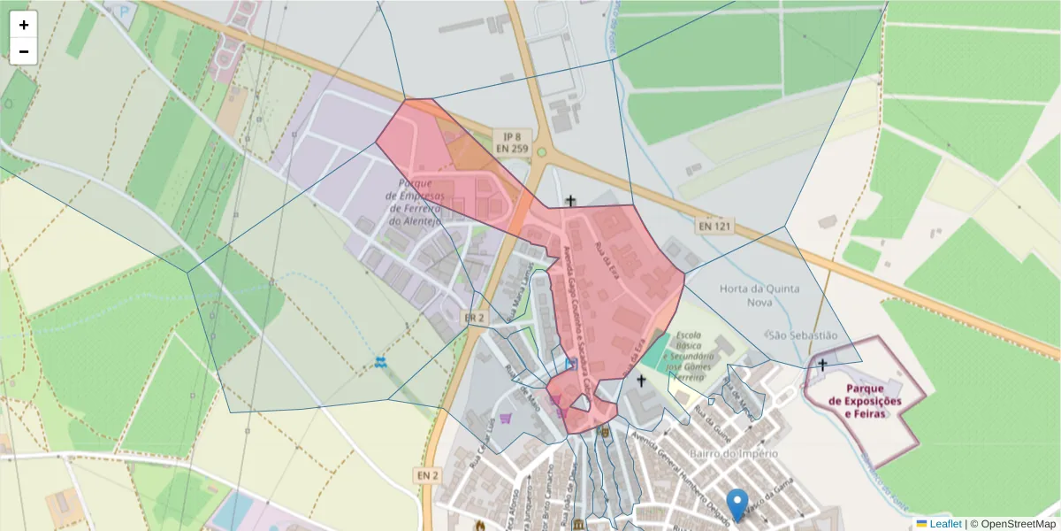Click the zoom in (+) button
23,25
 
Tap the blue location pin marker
737,504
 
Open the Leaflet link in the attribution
945,524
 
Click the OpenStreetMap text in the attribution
1019,524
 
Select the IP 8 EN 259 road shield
508,142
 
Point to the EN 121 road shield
714,227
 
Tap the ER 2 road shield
475,318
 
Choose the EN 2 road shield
427,475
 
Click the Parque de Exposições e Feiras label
866,401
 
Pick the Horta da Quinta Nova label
759,295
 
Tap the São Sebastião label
802,335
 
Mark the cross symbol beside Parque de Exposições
822,364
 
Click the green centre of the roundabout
541,152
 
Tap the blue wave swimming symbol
380,362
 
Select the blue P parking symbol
121,12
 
